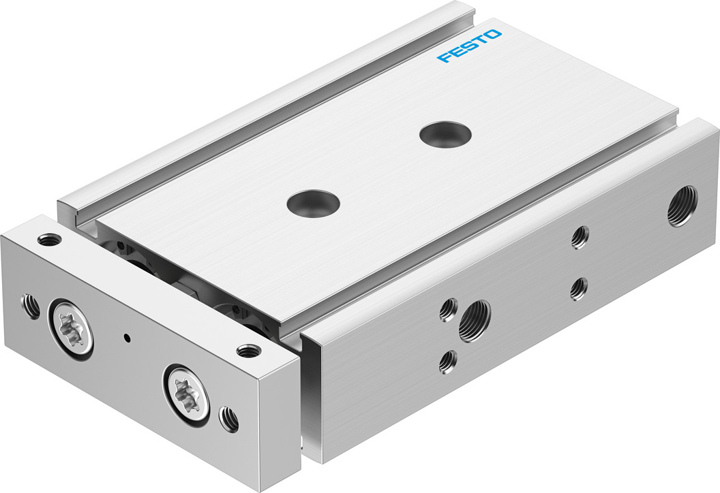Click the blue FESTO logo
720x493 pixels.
click(x=470, y=46)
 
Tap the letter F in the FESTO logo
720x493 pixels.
click(x=444, y=57)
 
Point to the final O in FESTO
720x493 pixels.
click(x=494, y=35)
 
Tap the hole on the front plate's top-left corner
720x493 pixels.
click(x=48, y=240)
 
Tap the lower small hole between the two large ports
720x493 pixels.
click(x=578, y=288)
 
